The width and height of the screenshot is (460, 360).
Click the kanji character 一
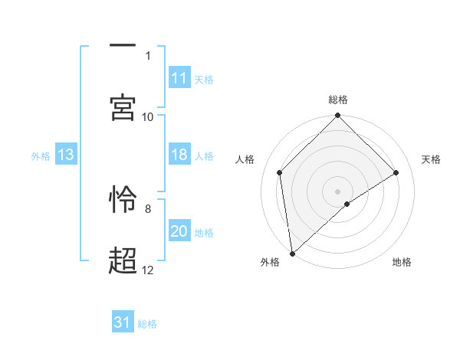pyautogui.click(x=123, y=47)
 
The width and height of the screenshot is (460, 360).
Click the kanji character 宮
pyautogui.click(x=123, y=106)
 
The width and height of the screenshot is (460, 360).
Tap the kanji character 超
pyautogui.click(x=123, y=260)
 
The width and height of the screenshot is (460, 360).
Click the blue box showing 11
pyautogui.click(x=179, y=78)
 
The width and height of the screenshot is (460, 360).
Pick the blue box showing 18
pyautogui.click(x=179, y=155)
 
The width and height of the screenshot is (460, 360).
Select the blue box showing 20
pyautogui.click(x=179, y=231)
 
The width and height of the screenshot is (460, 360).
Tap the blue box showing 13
pyautogui.click(x=66, y=155)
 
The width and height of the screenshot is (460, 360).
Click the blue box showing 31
pyautogui.click(x=123, y=322)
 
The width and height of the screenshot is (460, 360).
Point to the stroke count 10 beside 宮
pyautogui.click(x=148, y=116)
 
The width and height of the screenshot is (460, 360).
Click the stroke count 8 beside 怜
pyautogui.click(x=148, y=208)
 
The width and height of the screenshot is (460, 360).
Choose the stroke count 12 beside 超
pyautogui.click(x=148, y=270)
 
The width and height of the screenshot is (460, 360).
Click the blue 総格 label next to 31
pyautogui.click(x=148, y=324)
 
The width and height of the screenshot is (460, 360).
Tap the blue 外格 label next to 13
pyautogui.click(x=41, y=155)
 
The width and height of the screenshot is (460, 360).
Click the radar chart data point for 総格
pyautogui.click(x=338, y=116)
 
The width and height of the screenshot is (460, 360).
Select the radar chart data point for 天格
pyautogui.click(x=396, y=172)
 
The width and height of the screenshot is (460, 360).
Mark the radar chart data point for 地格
pyautogui.click(x=347, y=204)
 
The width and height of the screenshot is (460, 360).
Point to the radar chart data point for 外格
pyautogui.click(x=292, y=254)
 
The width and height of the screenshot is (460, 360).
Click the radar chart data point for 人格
pyautogui.click(x=280, y=172)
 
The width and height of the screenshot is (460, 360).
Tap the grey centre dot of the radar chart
pyautogui.click(x=338, y=191)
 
